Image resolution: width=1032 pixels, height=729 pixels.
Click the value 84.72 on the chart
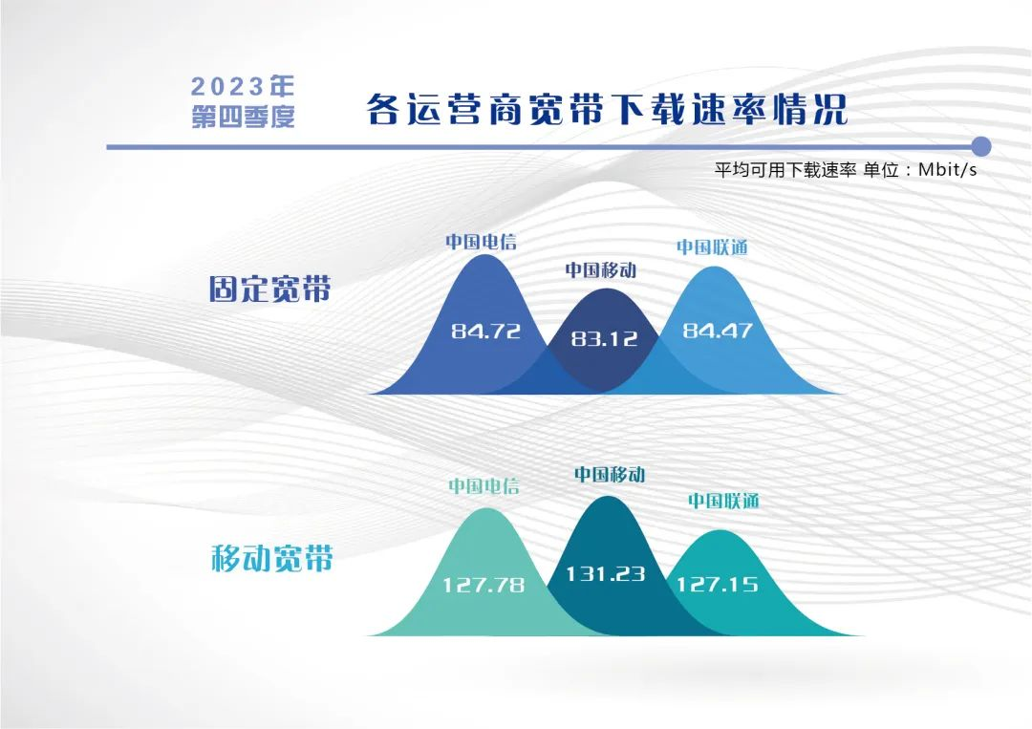pos(485,331)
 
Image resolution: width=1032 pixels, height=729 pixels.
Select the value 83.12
pos(604,339)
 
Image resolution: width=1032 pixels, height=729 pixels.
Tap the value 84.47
pos(718,330)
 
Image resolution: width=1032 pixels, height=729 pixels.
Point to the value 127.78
pos(484,585)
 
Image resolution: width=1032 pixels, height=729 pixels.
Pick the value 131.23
pos(606,573)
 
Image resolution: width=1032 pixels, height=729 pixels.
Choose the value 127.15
pos(718,584)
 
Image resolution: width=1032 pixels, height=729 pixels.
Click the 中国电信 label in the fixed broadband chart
pos(481,242)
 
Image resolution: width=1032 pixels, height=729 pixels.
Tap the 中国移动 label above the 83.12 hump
pos(601,269)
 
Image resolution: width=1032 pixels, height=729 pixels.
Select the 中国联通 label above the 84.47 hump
pos(712,247)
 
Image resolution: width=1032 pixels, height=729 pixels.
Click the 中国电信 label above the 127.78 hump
pos(484,486)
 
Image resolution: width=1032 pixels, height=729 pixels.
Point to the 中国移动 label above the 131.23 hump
pos(610,475)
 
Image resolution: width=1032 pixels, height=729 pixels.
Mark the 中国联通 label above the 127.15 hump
pos(723,501)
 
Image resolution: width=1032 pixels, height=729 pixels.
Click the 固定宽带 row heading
pos(269,289)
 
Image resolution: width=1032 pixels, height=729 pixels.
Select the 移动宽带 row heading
pos(271,559)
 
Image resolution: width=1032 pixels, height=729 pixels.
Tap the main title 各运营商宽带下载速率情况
pos(606,109)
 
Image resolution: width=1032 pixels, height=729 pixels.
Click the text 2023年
pos(242,86)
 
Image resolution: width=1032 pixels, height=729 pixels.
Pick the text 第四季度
pos(242,118)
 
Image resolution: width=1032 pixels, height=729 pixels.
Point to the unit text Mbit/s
pos(948,170)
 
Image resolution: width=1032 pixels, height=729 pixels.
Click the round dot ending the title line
pos(980,147)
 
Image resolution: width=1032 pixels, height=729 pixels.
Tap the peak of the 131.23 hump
pos(608,496)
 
